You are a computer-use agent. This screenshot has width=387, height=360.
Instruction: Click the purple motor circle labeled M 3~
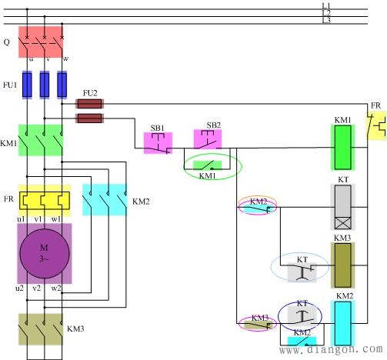45,254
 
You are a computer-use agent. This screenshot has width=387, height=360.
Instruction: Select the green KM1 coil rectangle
343,148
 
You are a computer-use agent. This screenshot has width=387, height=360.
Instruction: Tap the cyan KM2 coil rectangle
343,324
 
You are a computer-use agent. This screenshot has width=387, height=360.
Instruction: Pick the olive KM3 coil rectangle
343,265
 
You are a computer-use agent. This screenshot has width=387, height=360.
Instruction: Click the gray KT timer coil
343,207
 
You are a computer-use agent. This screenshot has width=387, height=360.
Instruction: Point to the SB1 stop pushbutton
158,143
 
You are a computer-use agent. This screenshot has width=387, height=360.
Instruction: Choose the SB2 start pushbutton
208,139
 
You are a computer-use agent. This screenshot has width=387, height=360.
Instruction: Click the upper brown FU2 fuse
89,104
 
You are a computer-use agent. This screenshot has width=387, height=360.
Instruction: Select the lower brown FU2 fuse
89,118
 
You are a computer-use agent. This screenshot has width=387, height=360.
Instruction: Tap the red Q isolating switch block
41,42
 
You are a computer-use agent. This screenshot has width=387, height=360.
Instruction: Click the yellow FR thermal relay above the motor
45,201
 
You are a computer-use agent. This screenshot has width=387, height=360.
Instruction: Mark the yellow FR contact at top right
377,125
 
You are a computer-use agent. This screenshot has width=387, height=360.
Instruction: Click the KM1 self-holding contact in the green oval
207,165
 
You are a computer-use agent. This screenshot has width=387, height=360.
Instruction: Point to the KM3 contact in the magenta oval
257,325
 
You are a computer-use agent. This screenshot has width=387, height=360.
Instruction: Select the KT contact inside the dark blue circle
302,316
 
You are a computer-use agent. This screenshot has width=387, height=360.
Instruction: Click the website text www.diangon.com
331,349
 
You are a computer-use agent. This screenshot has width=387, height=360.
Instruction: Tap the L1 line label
326,6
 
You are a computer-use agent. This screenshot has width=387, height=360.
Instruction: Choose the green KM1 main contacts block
41,140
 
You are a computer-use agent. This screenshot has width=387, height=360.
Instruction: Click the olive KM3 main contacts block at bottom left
41,329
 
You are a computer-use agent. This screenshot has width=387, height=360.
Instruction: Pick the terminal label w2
56,288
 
